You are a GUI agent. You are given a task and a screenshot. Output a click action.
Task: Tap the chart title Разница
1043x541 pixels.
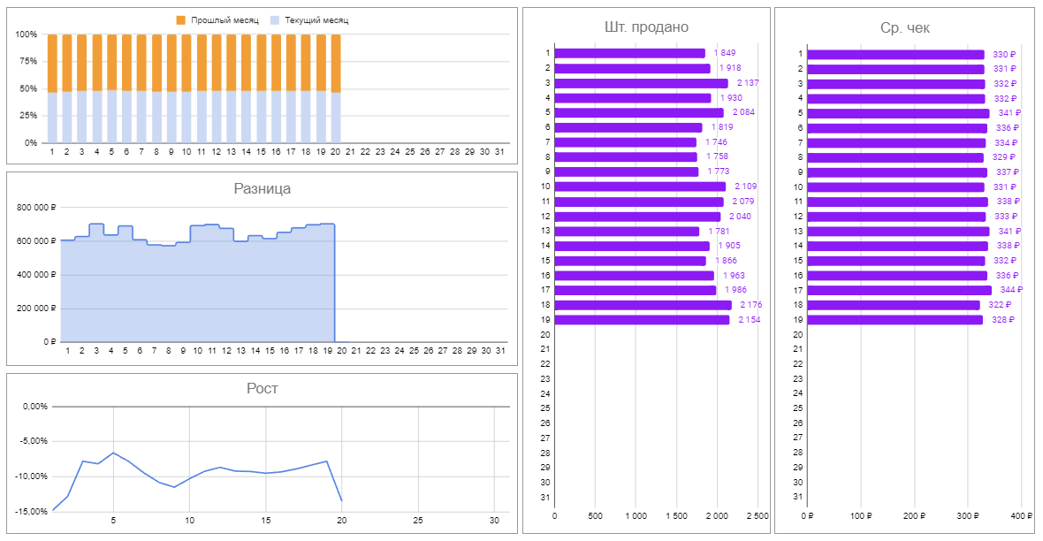coord(262,188)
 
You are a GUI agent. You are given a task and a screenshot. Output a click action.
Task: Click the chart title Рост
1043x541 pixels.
coord(262,388)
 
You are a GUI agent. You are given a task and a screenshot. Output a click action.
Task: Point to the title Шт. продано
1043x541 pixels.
coord(646,27)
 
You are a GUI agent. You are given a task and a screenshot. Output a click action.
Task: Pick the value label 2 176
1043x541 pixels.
coord(750,305)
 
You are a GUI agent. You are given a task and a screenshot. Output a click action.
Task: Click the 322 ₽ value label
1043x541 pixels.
coord(999,305)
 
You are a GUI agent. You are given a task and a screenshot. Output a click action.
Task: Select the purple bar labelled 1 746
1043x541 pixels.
coord(626,142)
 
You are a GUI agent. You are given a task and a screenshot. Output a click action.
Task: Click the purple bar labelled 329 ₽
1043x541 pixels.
coord(895,157)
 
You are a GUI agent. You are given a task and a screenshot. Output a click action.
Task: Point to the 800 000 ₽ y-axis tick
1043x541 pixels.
coord(36,208)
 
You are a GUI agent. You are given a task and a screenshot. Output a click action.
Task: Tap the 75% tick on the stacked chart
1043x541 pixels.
coord(27,62)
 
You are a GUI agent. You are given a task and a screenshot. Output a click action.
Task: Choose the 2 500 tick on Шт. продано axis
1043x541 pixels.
coord(758,516)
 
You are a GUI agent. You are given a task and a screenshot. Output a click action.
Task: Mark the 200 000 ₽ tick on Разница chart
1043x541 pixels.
coord(36,309)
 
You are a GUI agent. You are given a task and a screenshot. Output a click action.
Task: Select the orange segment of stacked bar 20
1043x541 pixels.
coord(336,63)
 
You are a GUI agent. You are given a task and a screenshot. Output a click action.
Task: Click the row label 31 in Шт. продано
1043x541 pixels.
coord(546,498)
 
